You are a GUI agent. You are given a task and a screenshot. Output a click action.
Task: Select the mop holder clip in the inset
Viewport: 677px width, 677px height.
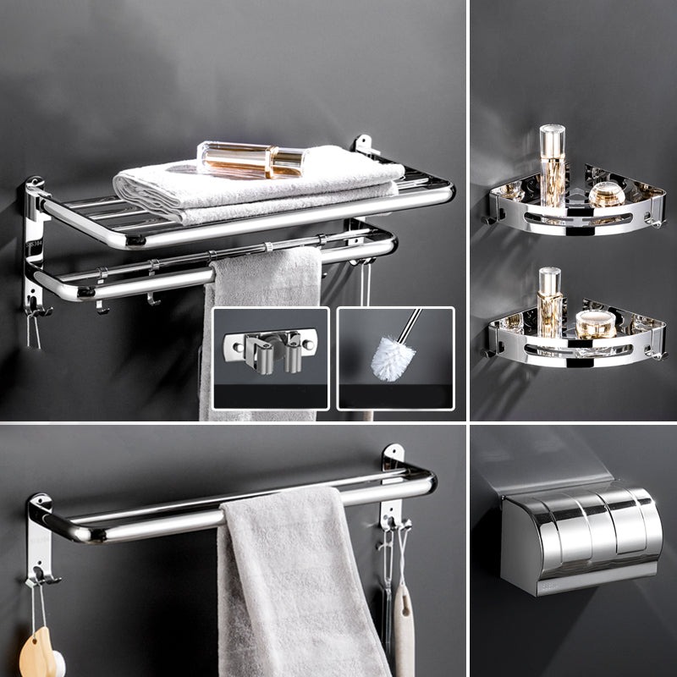(x=269, y=350)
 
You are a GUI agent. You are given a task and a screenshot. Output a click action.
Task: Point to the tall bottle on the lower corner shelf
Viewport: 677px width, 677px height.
(x=551, y=301)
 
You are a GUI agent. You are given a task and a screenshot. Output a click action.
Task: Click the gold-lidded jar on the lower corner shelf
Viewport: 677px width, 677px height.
(x=595, y=322)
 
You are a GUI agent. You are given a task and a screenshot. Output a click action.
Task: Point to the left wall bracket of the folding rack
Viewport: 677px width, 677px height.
(x=34, y=245)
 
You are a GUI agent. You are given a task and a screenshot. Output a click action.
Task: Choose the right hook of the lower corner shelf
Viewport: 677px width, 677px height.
(x=658, y=354)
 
